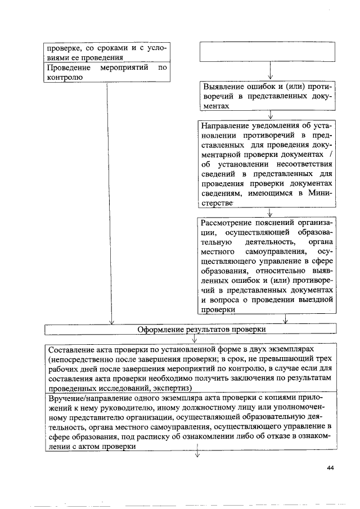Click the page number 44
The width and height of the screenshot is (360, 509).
[330, 468]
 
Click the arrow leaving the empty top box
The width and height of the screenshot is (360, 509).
[271, 71]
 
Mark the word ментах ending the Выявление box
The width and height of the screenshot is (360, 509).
[216, 106]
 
